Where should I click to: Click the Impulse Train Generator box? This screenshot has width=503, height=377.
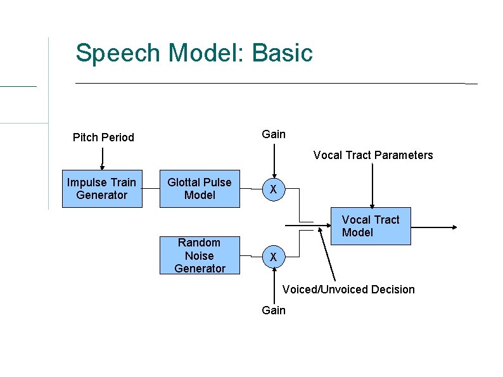(x=102, y=189)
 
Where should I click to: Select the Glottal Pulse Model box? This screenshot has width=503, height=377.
(x=200, y=189)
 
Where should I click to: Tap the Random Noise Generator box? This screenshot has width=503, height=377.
(x=200, y=255)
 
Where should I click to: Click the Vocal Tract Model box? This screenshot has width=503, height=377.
(x=371, y=226)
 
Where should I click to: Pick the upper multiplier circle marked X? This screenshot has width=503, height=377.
(x=273, y=189)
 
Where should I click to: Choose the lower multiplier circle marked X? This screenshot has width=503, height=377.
(x=273, y=257)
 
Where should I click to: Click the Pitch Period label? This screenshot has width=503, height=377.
(x=103, y=137)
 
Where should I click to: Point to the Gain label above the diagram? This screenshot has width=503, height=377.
(x=274, y=134)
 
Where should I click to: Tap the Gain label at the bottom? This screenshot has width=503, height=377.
(x=274, y=310)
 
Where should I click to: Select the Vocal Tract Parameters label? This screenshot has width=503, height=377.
(x=373, y=155)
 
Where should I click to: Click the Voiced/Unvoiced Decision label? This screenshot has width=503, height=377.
(x=348, y=290)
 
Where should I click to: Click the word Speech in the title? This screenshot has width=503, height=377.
(x=118, y=53)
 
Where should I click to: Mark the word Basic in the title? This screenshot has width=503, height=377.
(x=283, y=53)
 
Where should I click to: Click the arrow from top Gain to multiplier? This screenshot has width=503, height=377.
(x=274, y=161)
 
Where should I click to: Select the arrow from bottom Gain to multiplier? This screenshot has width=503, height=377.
(x=274, y=285)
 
